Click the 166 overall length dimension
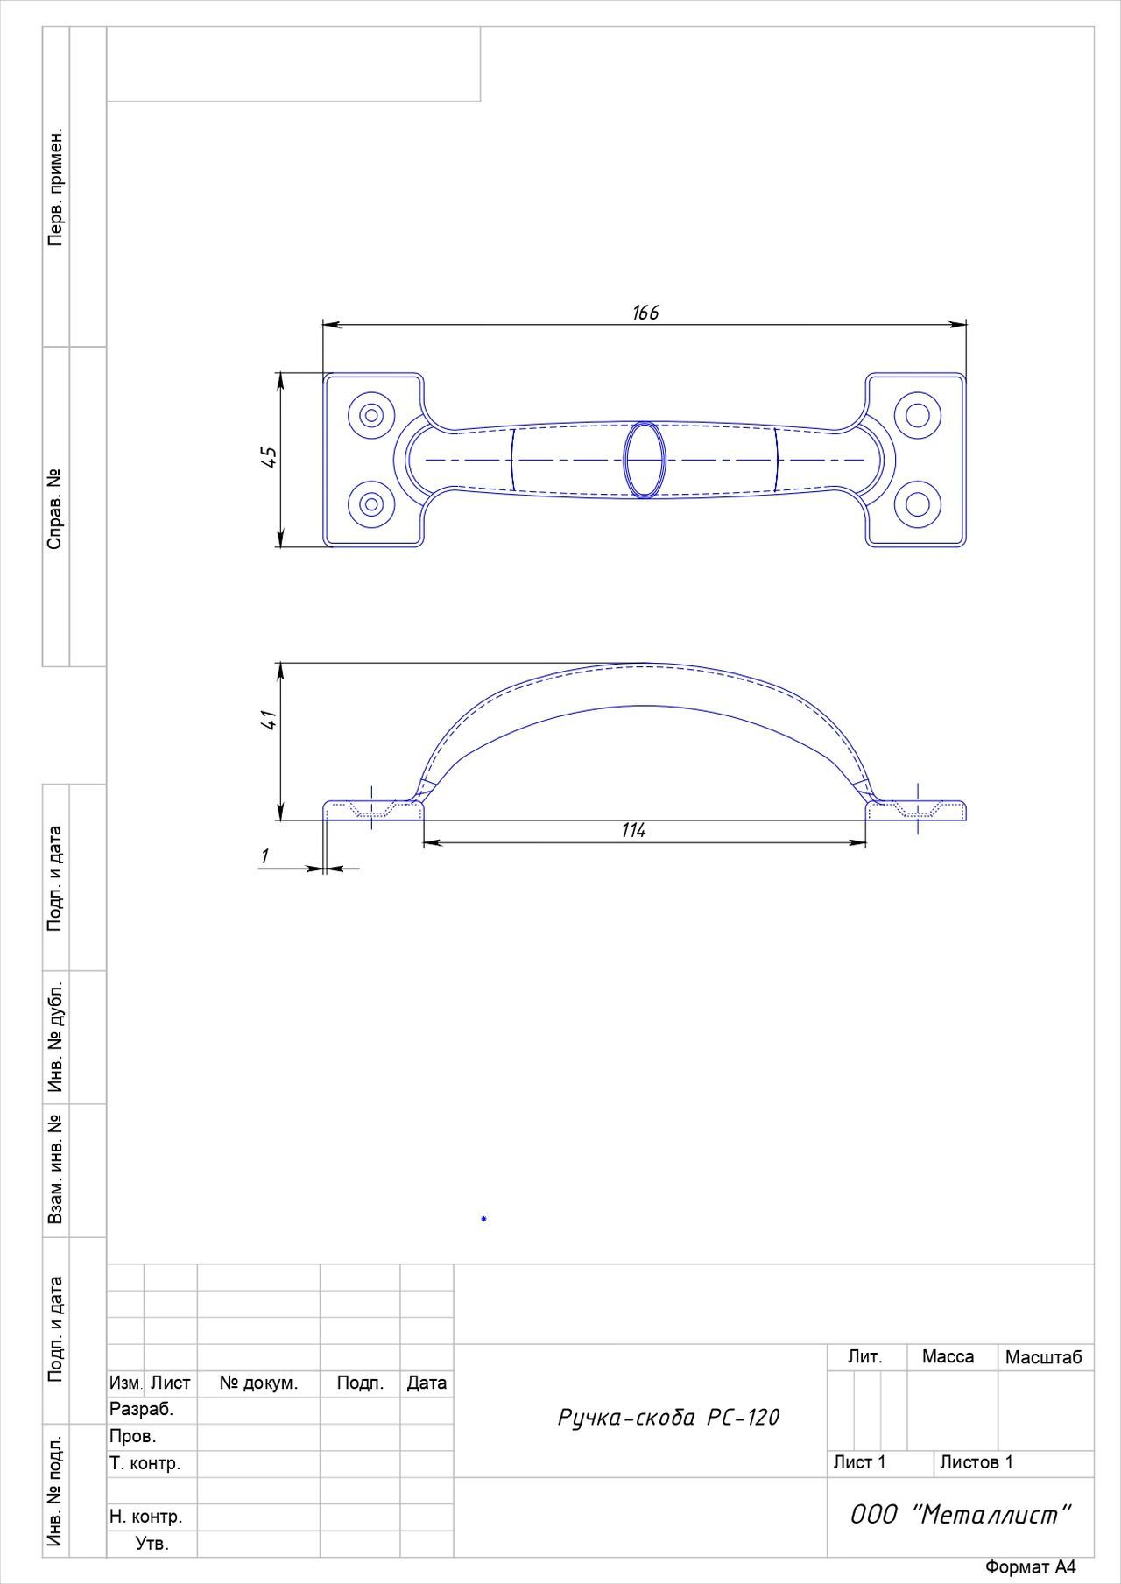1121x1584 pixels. [x=645, y=313]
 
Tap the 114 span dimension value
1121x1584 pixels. [x=633, y=830]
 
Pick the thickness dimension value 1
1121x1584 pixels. [x=264, y=855]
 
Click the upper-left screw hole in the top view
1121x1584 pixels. [x=371, y=414]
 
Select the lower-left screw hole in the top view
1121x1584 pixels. [x=371, y=503]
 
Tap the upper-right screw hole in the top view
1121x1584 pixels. [x=918, y=414]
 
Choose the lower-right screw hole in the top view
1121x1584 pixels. [x=918, y=503]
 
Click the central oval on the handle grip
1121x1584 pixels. [x=645, y=460]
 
